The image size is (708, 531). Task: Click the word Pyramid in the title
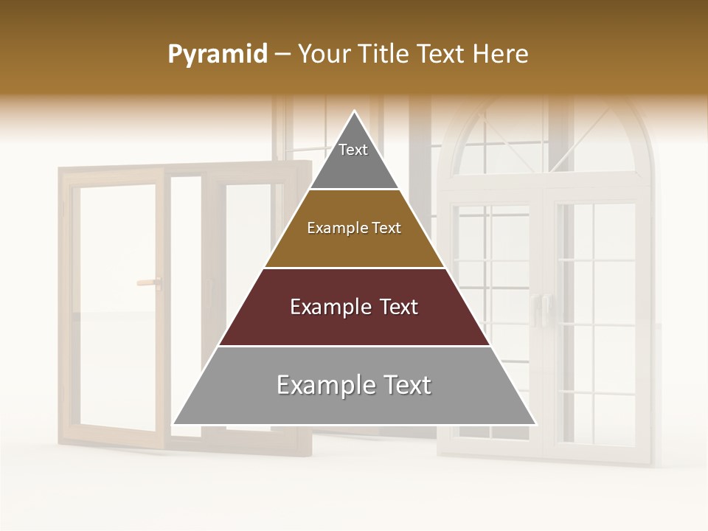(217, 55)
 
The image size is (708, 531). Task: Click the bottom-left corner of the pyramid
(174, 424)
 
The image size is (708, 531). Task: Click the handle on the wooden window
(149, 281)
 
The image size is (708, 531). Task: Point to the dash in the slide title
(281, 55)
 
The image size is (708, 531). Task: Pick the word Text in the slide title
(442, 54)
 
